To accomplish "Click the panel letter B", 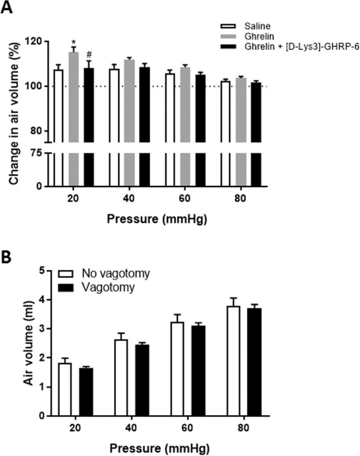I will [x=8, y=259].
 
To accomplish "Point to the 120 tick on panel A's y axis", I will [x=34, y=42].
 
